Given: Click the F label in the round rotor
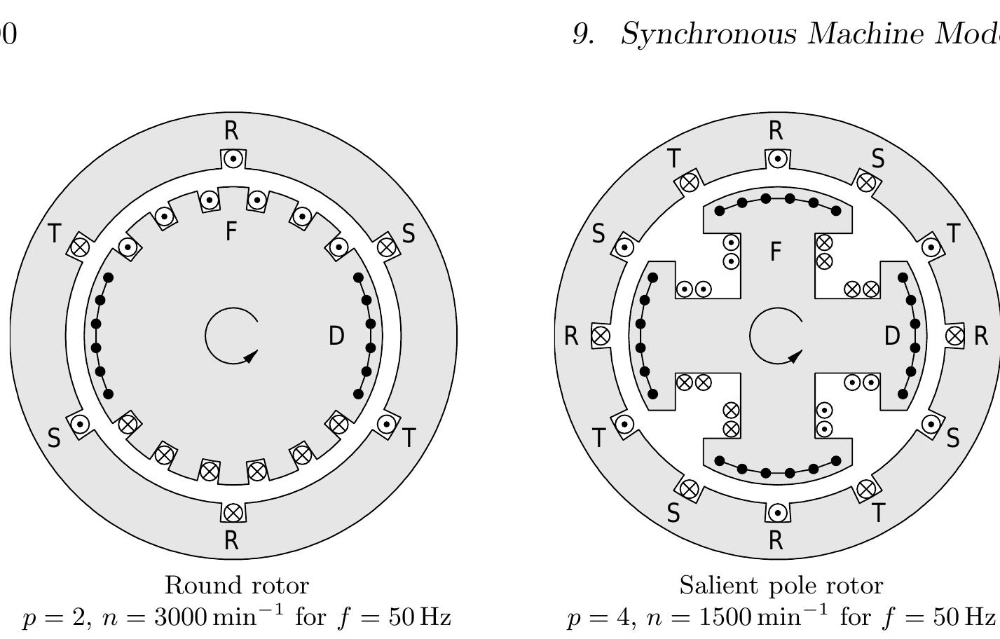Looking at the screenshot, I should click(231, 231).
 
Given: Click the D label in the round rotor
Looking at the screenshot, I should click(336, 336).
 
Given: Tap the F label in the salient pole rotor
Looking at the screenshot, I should click(775, 251).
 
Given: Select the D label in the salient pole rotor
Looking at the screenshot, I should click(892, 336).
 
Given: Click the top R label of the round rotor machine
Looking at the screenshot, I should click(231, 130).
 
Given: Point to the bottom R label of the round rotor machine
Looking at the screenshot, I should click(231, 540).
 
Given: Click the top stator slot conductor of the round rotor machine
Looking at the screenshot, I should click(233, 159).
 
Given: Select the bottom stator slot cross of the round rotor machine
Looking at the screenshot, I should click(233, 512).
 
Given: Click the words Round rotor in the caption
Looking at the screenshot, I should click(237, 585).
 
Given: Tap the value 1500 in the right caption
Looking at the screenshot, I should click(726, 617).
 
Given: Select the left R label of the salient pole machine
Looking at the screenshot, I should click(571, 336).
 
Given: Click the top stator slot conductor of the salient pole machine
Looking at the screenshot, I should click(777, 159).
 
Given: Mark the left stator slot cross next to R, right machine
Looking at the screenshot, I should click(601, 336).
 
